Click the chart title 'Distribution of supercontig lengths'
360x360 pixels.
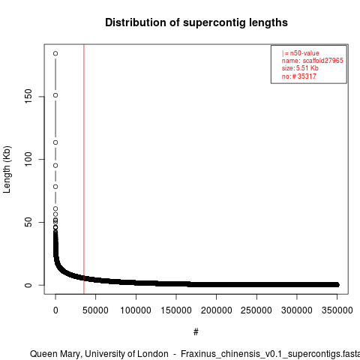tap(196, 22)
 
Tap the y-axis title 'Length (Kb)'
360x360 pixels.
tap(7, 169)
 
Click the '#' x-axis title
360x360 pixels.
tap(196, 332)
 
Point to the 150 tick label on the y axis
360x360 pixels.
tap(28, 97)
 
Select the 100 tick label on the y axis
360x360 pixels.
tap(28, 160)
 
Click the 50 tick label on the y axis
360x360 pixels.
tap(28, 222)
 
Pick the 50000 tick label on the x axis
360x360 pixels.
tap(95, 310)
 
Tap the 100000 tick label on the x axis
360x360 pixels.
tap(136, 310)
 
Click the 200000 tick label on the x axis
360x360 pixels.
tap(216, 310)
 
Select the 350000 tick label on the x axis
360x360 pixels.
tap(337, 310)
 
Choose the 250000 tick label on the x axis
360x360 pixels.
tap(256, 310)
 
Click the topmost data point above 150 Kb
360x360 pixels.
tap(55, 53)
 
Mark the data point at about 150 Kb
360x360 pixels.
tap(55, 95)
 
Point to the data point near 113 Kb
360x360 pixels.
tap(55, 142)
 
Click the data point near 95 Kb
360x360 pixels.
tap(55, 166)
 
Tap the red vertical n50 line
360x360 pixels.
tap(84, 169)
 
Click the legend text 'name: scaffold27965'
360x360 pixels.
tap(313, 61)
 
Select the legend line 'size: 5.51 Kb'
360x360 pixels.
tap(300, 68)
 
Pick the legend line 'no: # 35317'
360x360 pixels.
tap(299, 76)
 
